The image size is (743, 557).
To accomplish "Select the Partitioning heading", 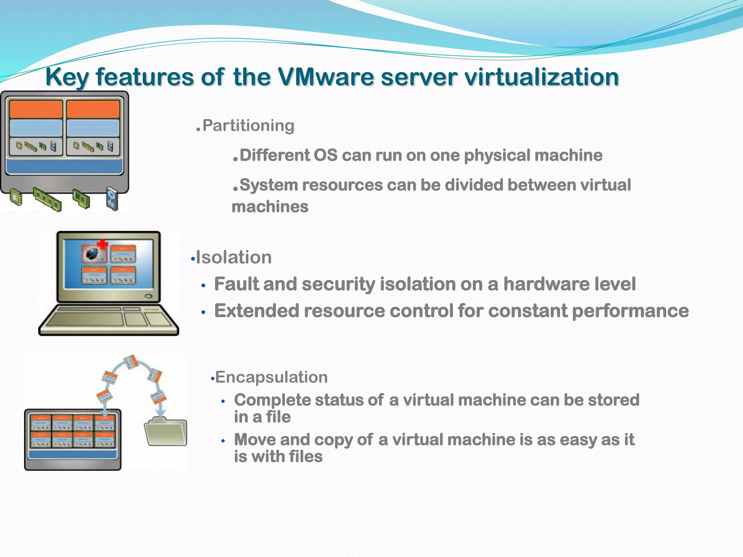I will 248,125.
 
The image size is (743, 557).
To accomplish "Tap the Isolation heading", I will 234,257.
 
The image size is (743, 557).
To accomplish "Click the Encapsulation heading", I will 271,377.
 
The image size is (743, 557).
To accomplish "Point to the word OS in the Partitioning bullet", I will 325,155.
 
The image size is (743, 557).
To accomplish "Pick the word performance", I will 630,311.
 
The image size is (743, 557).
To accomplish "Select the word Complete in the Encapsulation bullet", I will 272,400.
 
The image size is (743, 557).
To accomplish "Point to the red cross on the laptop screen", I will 103,243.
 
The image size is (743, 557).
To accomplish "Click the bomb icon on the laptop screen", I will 92,253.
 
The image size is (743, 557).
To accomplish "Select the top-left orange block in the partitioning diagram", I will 36,109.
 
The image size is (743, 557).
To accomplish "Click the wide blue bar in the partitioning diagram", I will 65,166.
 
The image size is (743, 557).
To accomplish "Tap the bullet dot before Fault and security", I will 204,286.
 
